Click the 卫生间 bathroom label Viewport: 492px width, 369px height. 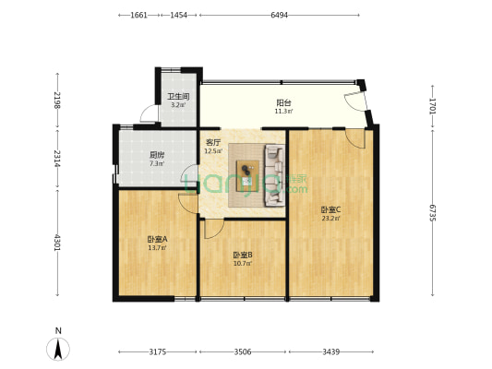[x=177, y=97]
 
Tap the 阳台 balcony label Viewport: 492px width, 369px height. [x=283, y=103]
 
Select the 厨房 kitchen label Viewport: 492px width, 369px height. [x=156, y=155]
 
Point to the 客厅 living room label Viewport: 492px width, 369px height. [x=213, y=142]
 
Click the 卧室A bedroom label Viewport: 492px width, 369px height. [x=156, y=240]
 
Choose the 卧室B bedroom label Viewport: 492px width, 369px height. [x=243, y=255]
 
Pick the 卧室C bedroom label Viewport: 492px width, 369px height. [x=330, y=209]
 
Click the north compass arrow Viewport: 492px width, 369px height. [x=58, y=349]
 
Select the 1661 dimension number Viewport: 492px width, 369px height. [x=138, y=16]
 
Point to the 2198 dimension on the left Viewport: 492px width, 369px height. [x=57, y=100]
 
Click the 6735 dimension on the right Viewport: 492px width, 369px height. [x=432, y=213]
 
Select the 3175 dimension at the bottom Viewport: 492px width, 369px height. [x=156, y=351]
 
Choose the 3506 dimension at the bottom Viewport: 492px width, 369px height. [x=243, y=351]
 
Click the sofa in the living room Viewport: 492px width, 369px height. [x=274, y=173]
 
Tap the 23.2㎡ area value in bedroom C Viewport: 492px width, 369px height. [x=330, y=219]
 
